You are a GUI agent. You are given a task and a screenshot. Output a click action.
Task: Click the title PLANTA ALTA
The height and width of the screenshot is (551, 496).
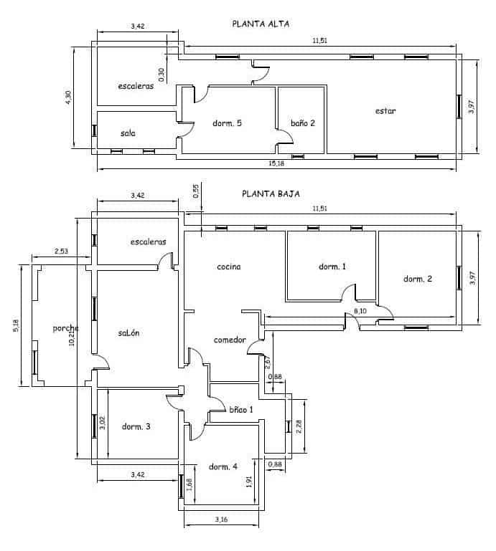coord(261,24)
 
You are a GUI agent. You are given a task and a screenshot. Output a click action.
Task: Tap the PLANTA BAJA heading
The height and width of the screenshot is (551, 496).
coord(271,193)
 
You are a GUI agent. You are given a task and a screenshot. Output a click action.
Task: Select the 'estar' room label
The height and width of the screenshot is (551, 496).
coord(385,111)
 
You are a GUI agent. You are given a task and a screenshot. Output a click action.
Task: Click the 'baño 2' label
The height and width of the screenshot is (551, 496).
coord(302,123)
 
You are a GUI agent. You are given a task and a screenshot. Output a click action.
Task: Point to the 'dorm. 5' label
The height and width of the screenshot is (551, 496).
coord(227,123)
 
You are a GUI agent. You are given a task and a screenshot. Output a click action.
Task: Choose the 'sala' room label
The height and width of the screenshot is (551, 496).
coord(128,133)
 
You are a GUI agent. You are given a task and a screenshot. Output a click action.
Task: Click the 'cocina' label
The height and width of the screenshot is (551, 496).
coord(229,267)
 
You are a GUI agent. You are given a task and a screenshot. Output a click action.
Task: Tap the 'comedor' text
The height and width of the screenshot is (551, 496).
coord(230,340)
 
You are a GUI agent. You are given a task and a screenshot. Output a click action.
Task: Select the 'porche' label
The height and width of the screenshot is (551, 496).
coord(65,329)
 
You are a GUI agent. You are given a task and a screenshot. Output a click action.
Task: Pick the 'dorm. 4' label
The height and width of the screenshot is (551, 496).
coord(223,466)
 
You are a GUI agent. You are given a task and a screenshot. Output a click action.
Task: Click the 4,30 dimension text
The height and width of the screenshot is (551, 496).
coord(68,98)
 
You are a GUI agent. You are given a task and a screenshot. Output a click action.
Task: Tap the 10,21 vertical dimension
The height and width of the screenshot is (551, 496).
coord(70,332)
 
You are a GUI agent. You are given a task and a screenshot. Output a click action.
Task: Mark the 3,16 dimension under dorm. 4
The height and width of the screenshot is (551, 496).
coord(221,518)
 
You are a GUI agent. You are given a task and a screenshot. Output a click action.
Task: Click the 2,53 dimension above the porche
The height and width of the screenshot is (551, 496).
coord(61,251)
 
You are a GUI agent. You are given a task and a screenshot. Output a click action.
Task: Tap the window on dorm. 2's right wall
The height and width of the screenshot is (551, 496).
coord(459,277)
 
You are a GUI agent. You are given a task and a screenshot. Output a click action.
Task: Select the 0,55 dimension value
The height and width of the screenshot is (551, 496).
coord(196,191)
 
